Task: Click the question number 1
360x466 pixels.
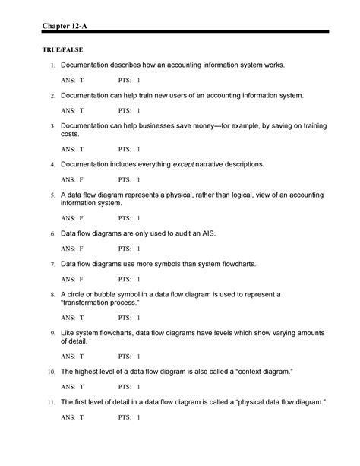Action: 52,66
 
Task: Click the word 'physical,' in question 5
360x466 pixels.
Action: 199,194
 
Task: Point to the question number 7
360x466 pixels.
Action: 52,264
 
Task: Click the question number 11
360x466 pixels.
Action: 50,401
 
